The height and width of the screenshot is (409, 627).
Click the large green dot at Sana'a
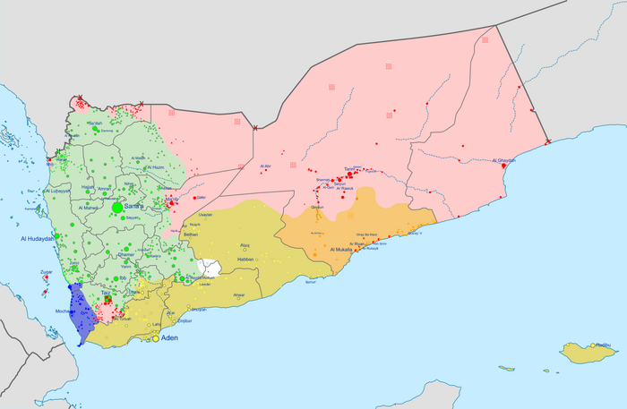(x=117, y=207)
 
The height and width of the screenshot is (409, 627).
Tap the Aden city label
(x=170, y=339)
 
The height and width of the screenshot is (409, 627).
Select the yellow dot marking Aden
(x=155, y=339)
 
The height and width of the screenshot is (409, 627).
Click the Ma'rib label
(x=172, y=199)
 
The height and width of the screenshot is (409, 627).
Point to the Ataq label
(x=245, y=244)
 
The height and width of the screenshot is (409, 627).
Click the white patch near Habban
(x=210, y=267)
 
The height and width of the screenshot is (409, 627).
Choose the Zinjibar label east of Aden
(x=185, y=320)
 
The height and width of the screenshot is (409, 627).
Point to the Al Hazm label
(x=153, y=167)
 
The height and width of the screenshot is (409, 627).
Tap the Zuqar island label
(x=47, y=272)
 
